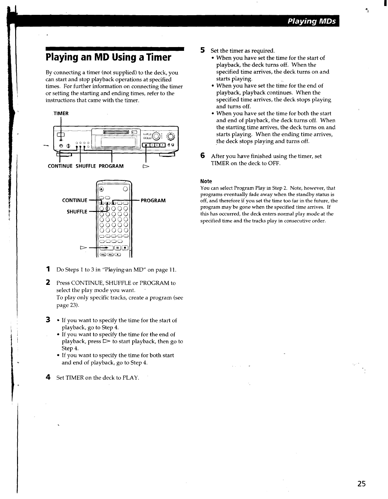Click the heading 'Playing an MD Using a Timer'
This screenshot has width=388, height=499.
(108, 57)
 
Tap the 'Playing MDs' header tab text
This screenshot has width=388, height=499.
(311, 21)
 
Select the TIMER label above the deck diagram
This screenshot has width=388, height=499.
(61, 113)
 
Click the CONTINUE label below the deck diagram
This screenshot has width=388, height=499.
(60, 166)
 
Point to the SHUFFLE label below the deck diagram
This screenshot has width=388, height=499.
(86, 166)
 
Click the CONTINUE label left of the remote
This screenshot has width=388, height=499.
(75, 201)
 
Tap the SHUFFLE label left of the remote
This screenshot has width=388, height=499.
(77, 212)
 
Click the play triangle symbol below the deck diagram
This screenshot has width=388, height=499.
(146, 166)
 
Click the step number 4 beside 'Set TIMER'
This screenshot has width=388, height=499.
(48, 377)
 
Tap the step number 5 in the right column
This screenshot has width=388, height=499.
(203, 50)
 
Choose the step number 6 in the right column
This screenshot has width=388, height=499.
(203, 156)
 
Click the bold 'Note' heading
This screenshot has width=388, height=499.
(206, 181)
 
